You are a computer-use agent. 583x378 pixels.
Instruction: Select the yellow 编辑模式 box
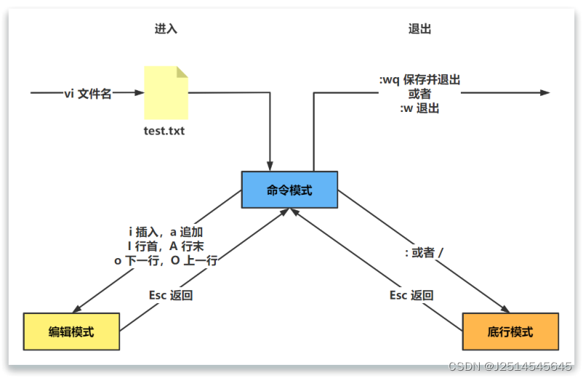[x=71, y=331]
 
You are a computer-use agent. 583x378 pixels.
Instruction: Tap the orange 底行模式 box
[x=510, y=331]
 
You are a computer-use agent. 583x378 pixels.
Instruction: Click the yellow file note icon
[x=166, y=92]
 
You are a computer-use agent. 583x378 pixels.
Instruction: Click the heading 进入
[x=166, y=29]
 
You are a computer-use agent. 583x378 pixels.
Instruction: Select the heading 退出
[x=420, y=29]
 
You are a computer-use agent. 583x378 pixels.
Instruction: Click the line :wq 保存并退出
[x=419, y=80]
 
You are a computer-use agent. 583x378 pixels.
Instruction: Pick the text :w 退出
[x=419, y=108]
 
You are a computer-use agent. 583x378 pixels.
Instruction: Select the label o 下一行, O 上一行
[x=166, y=260]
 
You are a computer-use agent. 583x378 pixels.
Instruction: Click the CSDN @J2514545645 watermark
[x=510, y=366]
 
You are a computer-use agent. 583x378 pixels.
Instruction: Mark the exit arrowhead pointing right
[x=544, y=93]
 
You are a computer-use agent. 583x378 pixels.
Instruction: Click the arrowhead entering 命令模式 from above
[x=270, y=166]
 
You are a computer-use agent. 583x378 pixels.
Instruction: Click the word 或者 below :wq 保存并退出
[x=419, y=94]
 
